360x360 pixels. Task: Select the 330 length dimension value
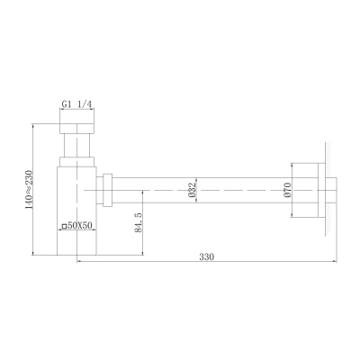207,257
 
